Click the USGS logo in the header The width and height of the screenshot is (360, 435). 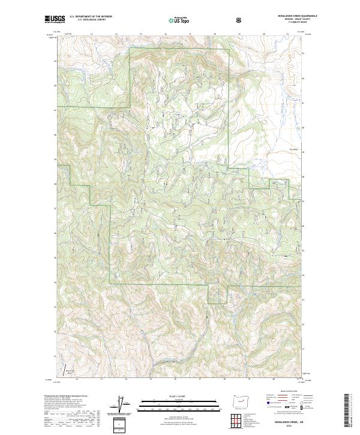pos(55,20)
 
